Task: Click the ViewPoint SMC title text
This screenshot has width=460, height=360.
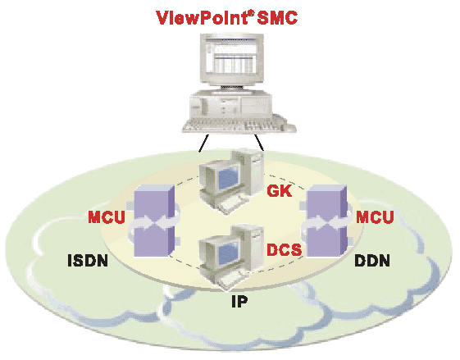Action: coord(226,17)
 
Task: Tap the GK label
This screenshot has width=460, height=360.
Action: coord(280,191)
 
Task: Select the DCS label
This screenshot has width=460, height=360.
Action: coord(284,249)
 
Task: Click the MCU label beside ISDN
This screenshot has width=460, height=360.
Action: coord(107,217)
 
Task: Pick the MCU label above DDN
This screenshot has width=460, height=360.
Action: coord(375,217)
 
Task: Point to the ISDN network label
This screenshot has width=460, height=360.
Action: coord(88,260)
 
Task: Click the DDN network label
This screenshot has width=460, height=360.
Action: coord(372,260)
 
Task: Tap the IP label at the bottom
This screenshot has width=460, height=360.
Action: coord(239,301)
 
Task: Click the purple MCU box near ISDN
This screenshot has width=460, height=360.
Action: coord(154,221)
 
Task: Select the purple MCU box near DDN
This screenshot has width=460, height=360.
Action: coord(326,221)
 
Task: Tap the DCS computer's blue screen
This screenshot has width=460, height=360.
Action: coord(229,252)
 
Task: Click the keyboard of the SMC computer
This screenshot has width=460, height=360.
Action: coord(239,125)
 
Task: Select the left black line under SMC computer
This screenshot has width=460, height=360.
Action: coord(203,144)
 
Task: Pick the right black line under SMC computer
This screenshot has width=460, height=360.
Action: coord(259,143)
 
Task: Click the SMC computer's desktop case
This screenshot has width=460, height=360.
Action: coord(231,104)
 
